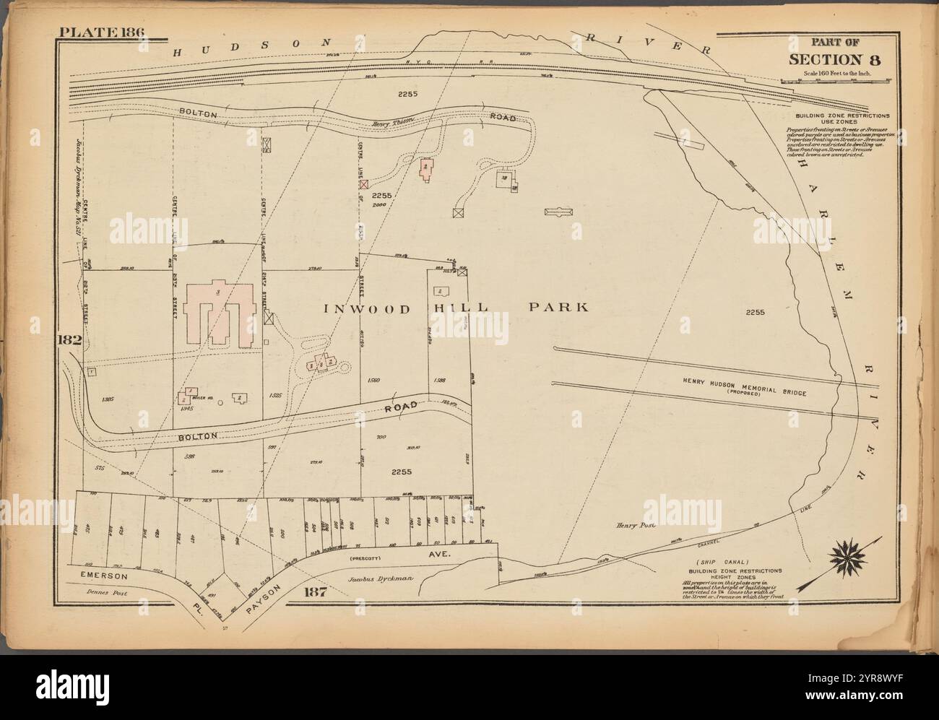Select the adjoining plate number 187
pos(316,593)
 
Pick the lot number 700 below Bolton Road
pos(382,437)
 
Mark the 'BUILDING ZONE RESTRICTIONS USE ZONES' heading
pos(842,119)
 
